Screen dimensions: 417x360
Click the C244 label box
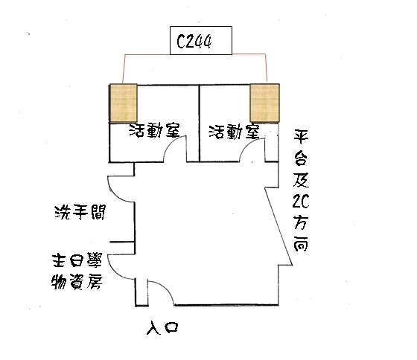coord(201,40)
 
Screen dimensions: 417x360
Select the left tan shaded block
coord(124,103)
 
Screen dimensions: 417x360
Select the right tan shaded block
coord(264,103)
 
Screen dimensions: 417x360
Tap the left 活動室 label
coord(155,130)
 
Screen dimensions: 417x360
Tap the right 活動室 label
coord(234,132)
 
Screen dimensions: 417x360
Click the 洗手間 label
coord(80,212)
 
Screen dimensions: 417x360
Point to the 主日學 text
coord(77,260)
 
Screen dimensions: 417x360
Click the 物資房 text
coord(77,281)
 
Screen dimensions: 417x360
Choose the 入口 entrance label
coord(162,328)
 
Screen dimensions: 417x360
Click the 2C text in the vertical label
coord(301,201)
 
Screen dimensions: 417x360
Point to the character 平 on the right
coord(301,137)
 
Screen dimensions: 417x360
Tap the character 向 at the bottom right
coord(301,244)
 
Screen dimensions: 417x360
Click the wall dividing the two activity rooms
coord(200,123)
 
